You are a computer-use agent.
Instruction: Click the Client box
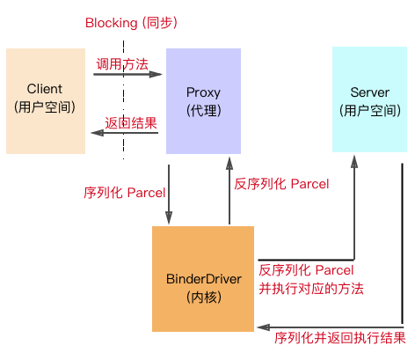point(46,101)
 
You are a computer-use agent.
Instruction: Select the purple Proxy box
point(203,101)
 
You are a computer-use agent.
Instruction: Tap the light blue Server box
point(369,99)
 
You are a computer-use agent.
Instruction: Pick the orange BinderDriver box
point(203,279)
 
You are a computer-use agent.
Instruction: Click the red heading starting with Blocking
point(131,23)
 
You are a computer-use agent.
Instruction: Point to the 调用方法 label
point(122,64)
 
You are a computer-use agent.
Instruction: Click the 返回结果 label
point(131,123)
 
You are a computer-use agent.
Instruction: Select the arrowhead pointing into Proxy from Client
point(156,74)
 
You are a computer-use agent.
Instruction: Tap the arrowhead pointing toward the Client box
point(98,133)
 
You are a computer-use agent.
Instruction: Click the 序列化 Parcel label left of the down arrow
point(125,193)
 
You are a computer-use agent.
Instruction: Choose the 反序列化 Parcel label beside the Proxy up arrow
point(281,184)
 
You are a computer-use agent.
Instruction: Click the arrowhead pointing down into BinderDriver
point(169,217)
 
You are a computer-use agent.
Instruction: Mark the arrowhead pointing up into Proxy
point(229,164)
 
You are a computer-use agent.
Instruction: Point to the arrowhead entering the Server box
point(354,162)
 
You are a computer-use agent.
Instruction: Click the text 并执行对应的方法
point(311,289)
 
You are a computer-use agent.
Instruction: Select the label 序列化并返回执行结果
point(340,338)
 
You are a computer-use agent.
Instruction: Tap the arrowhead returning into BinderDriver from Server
point(264,327)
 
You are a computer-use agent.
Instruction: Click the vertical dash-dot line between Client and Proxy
point(123,99)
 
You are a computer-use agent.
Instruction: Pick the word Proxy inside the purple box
point(203,92)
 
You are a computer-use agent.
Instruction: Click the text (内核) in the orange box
point(204,298)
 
